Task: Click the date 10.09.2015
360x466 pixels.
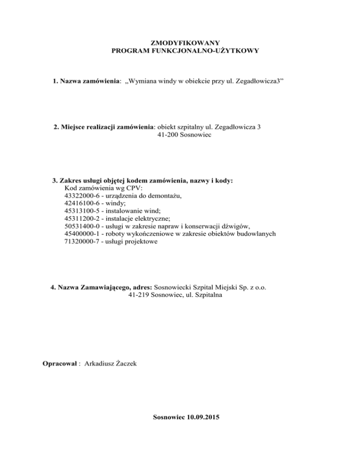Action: click(202, 416)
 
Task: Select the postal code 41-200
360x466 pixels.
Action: click(164, 135)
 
